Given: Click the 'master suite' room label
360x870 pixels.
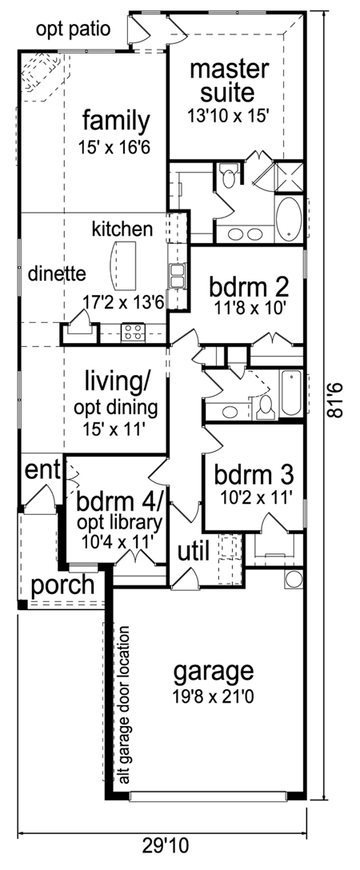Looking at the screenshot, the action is coord(229,81).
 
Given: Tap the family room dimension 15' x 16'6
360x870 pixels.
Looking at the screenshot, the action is coord(115,148).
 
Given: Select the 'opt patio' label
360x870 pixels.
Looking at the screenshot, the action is coord(74,30).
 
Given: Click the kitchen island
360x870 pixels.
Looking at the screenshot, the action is coord(124,265).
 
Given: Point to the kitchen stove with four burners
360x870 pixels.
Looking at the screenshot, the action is coord(133,333).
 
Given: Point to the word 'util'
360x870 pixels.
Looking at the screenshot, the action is coord(193,551).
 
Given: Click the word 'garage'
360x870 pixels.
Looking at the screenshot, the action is coord(214,673).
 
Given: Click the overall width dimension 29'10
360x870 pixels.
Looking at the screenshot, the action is coord(165,847).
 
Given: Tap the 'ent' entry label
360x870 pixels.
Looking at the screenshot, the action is coord(42,471).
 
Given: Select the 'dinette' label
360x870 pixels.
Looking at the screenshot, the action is coord(57,273).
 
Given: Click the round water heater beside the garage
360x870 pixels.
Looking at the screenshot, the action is coord(294,579).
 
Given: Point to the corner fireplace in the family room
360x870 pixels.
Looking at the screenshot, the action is coord(42,76).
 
